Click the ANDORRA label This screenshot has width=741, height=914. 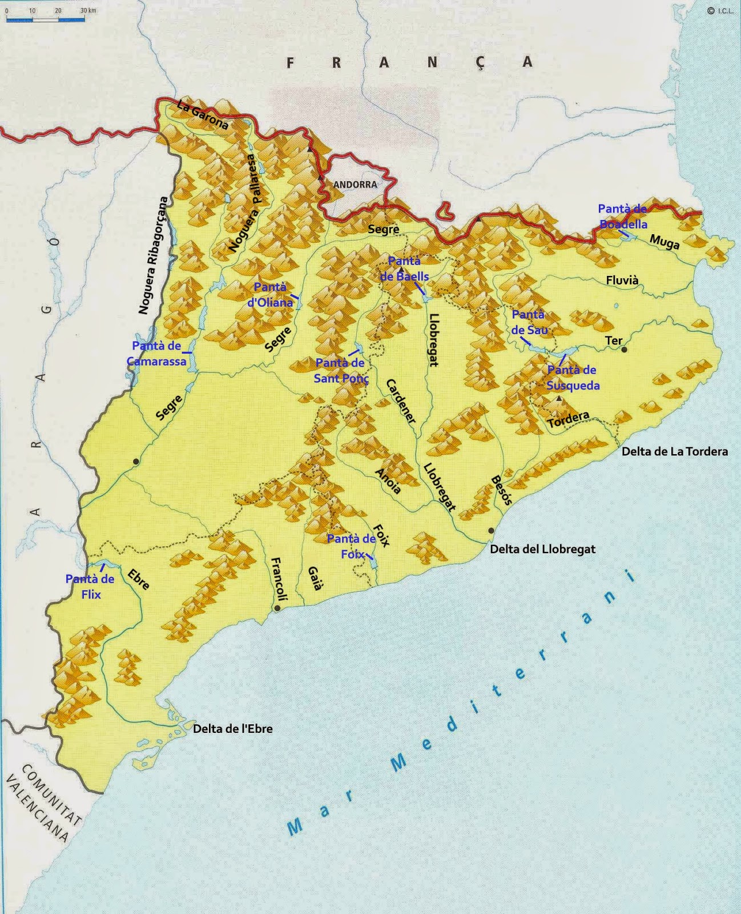pos(355,185)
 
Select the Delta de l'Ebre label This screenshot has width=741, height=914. pos(232,729)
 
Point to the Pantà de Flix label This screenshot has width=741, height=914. pos(90,587)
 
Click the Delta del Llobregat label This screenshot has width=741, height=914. pos(542,549)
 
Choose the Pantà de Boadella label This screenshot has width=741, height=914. pos(622,217)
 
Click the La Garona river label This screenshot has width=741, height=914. pos(203,115)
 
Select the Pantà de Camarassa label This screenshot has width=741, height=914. pos(156,354)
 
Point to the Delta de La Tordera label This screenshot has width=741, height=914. pos(674,451)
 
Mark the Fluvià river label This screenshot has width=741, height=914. pos(622,280)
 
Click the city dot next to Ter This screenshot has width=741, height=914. pos(625,349)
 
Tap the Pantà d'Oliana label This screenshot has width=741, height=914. pos(270,295)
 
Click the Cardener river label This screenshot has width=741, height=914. pos(401,401)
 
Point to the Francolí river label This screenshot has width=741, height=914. pos(278,579)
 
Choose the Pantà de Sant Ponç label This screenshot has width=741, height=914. pos(341,370)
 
